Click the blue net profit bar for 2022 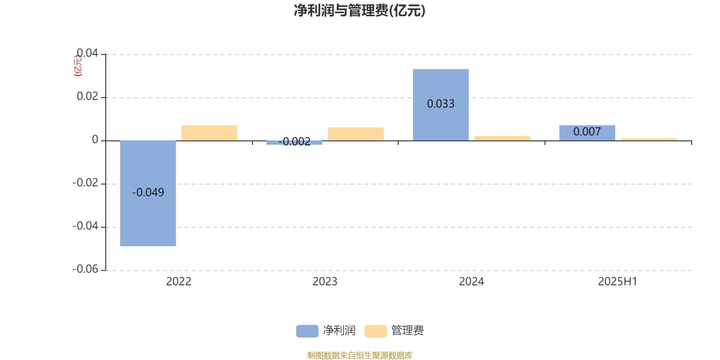click(x=148, y=193)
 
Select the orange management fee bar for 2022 click(x=209, y=133)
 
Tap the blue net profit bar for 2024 click(x=441, y=105)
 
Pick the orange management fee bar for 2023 click(x=356, y=134)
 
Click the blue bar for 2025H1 click(x=587, y=133)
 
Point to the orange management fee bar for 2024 click(x=502, y=138)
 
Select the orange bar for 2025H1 click(x=648, y=139)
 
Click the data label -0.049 click(x=148, y=192)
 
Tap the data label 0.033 click(x=441, y=104)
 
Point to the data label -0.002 click(x=294, y=141)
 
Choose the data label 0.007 click(x=587, y=131)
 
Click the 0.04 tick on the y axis click(x=87, y=53)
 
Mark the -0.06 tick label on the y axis click(x=85, y=269)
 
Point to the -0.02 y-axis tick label click(x=85, y=183)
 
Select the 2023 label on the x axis click(x=325, y=282)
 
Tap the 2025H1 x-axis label click(x=617, y=282)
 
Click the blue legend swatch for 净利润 click(x=307, y=331)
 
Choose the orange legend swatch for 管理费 click(x=375, y=331)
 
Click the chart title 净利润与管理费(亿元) click(x=360, y=11)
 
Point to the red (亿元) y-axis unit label click(x=78, y=66)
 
